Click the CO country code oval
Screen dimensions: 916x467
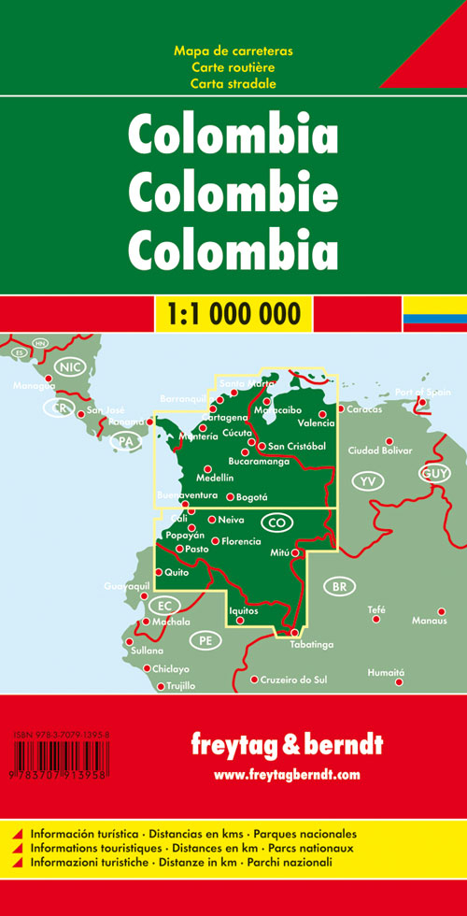click(276, 521)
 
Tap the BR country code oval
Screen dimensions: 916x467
click(338, 587)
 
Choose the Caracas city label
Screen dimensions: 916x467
click(364, 409)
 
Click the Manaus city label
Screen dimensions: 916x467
click(429, 621)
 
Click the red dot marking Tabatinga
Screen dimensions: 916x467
click(294, 633)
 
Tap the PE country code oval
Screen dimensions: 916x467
click(205, 640)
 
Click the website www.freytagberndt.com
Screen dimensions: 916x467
click(286, 775)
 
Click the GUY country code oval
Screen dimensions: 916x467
click(435, 475)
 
